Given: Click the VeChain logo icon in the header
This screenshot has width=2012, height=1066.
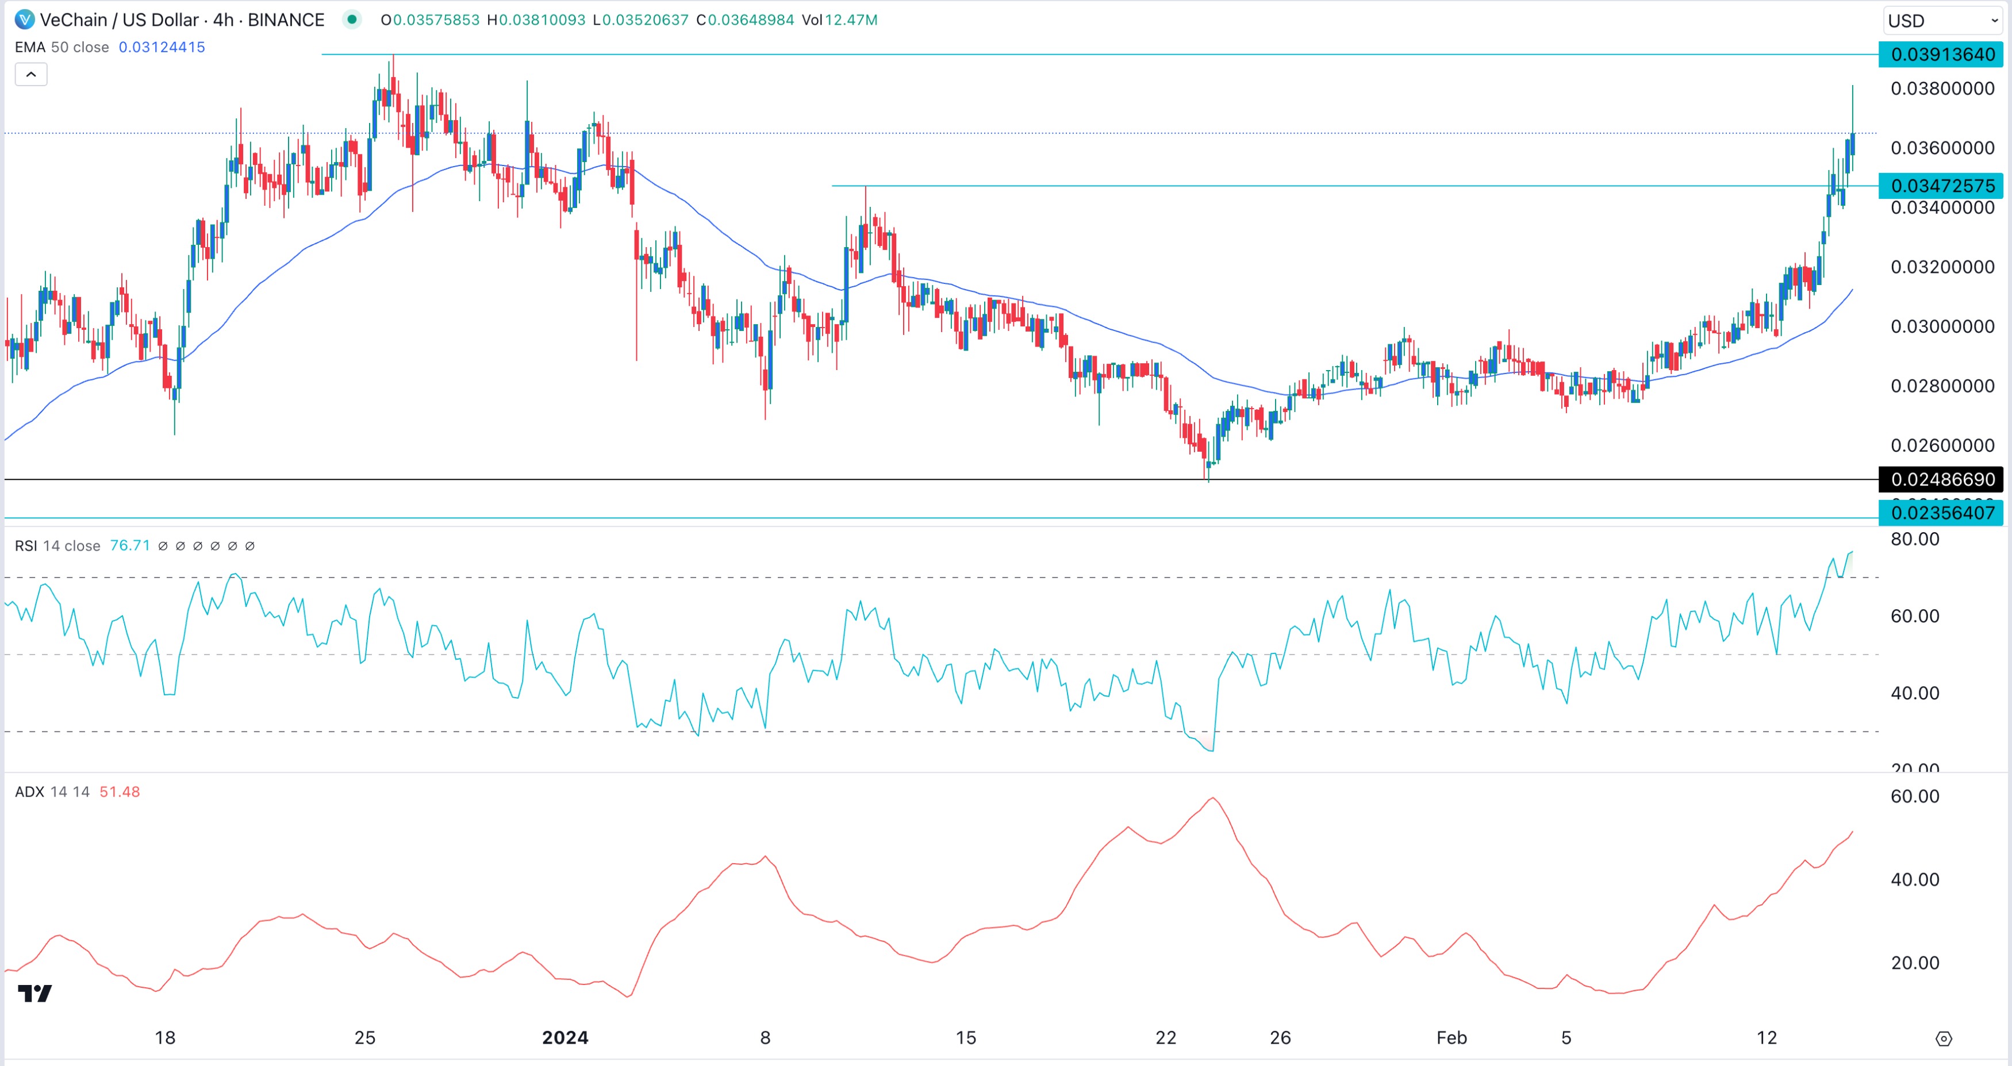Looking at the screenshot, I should tap(24, 20).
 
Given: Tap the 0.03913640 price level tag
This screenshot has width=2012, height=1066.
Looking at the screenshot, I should tap(1942, 55).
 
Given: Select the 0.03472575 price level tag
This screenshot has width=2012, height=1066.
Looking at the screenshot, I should tap(1942, 186).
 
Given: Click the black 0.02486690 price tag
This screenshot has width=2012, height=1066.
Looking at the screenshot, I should tap(1942, 479).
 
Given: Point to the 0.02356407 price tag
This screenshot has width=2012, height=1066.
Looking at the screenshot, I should tap(1942, 513).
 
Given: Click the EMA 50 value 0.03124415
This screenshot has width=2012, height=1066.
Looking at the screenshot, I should tap(162, 47).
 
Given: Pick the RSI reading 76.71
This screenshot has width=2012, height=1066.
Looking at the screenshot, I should tap(130, 546).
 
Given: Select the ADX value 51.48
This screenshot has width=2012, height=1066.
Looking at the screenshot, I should tap(120, 792).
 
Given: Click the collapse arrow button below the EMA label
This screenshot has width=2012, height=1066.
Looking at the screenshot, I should tap(31, 75).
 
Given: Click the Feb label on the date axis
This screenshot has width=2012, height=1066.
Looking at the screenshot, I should tap(1451, 1038).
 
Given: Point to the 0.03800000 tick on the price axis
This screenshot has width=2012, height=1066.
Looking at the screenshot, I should tap(1942, 89).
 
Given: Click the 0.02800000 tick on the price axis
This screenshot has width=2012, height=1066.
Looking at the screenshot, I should tap(1942, 386).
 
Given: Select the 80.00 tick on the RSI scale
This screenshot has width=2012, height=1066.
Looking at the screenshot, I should tap(1914, 539).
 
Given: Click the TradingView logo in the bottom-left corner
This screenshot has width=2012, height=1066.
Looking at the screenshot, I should tap(34, 994).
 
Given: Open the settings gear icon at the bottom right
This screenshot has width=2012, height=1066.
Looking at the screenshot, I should tap(1944, 1038).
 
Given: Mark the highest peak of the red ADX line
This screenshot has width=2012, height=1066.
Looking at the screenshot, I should tap(1212, 798).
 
